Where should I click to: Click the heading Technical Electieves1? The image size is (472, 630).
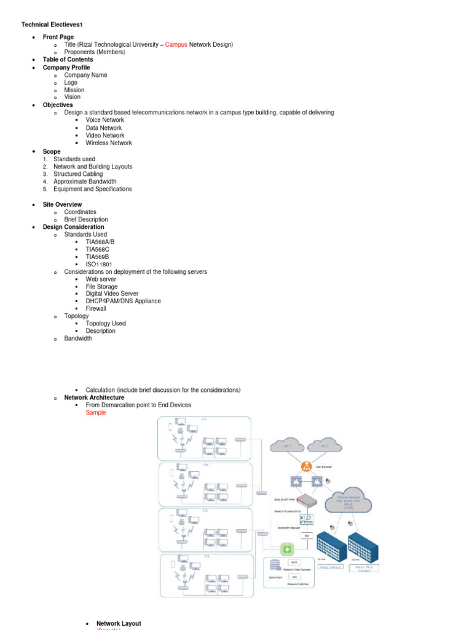coord(52,25)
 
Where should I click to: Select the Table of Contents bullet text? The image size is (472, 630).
coord(68,60)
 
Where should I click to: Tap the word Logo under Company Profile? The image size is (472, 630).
coord(71,82)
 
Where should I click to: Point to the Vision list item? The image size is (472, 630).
coord(72,97)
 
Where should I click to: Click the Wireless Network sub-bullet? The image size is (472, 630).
coord(109,143)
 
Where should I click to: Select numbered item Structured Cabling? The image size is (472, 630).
coord(78,174)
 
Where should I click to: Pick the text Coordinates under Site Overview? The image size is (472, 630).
coord(80,212)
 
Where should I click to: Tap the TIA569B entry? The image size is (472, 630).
coord(100,257)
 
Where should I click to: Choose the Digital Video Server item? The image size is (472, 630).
coord(112,294)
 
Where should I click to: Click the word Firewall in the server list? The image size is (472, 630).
coord(96,309)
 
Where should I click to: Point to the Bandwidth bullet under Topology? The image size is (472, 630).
coord(78,338)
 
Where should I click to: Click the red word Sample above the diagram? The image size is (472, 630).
coord(96,413)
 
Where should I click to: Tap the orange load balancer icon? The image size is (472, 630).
coord(306,466)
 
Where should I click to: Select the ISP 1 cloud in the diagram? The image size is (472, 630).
coord(287,444)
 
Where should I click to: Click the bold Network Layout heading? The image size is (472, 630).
coord(119,624)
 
